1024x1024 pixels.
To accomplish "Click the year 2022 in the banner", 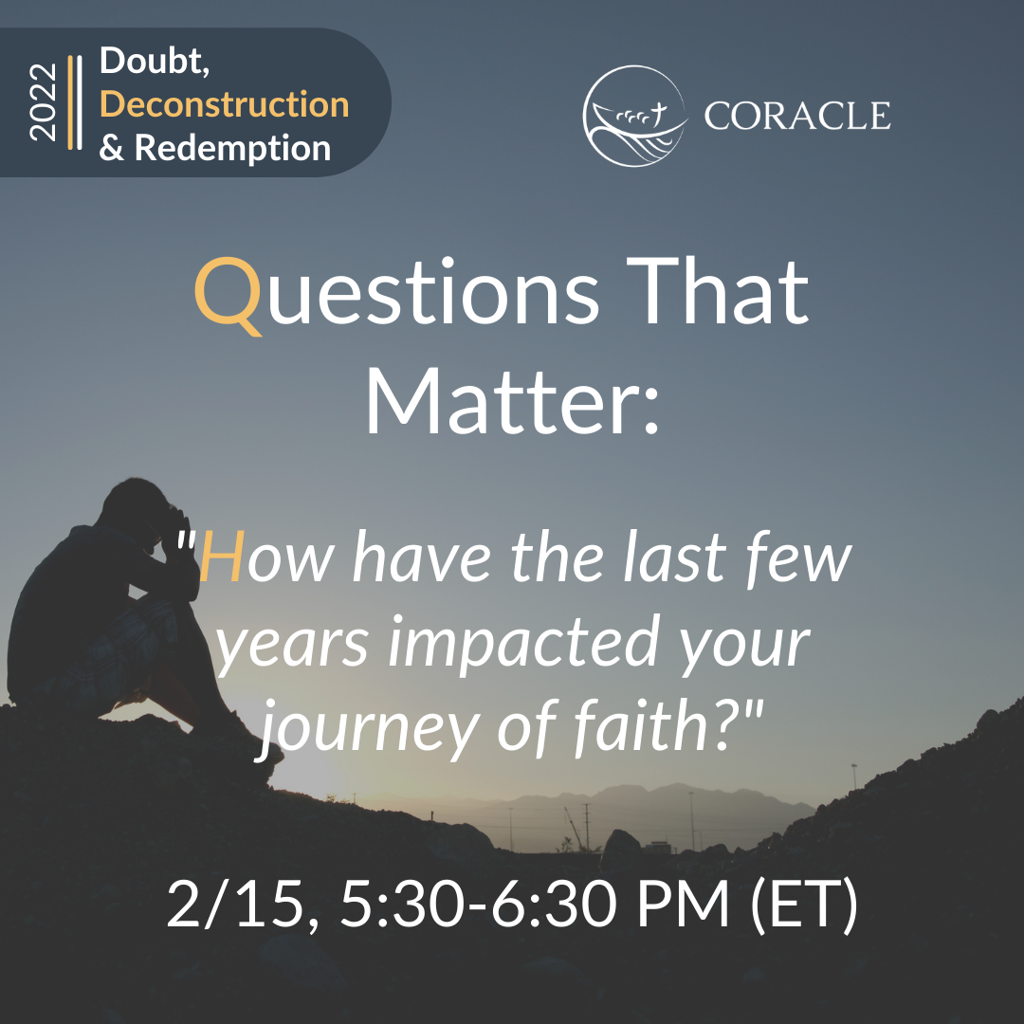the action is [x=43, y=101].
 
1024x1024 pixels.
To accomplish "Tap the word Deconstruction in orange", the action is [x=224, y=104].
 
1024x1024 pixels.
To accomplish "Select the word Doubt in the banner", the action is [x=155, y=62].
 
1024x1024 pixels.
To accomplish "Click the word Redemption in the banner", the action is [x=232, y=148].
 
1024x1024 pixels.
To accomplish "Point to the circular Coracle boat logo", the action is [x=634, y=116].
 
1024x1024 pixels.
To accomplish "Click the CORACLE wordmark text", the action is [x=796, y=117].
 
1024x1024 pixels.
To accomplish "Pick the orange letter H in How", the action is [x=222, y=557].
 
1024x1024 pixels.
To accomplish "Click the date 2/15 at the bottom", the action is [x=235, y=904].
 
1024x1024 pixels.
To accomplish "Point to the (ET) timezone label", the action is [x=804, y=905].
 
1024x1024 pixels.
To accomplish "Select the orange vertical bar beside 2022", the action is [x=70, y=102].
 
